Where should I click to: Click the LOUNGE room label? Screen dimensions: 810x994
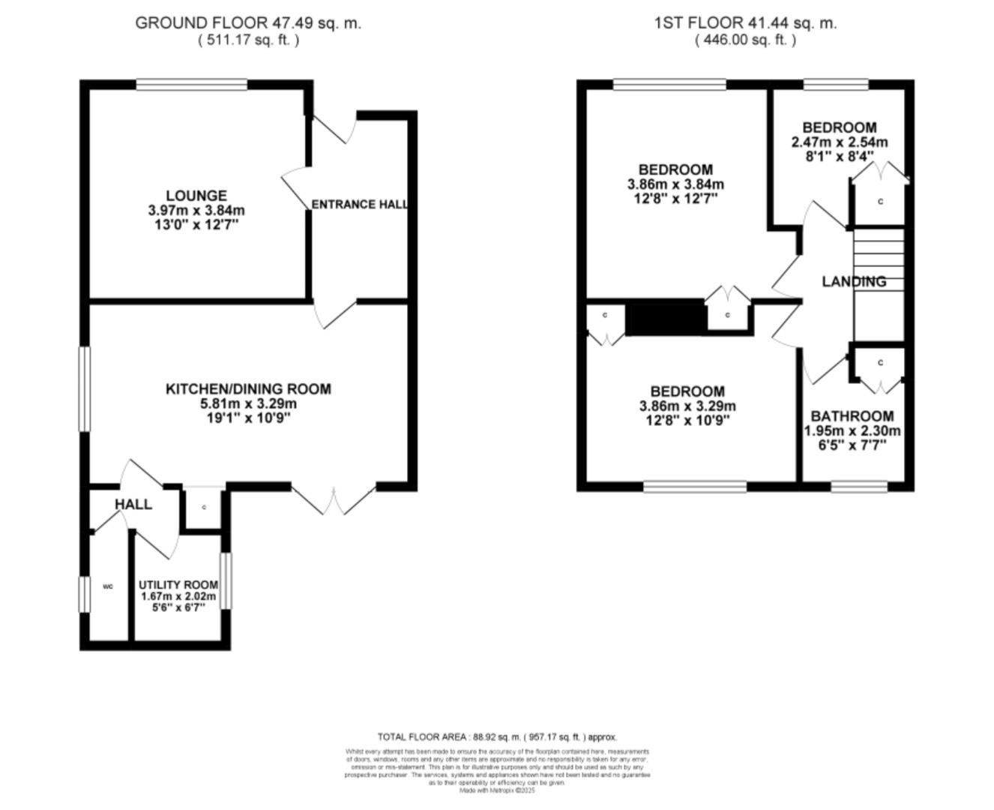click(197, 196)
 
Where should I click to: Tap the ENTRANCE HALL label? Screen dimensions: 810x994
click(360, 204)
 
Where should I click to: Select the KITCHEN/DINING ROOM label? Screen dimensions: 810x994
click(248, 388)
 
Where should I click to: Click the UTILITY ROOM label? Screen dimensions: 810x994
click(178, 584)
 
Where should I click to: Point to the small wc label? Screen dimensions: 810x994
click(107, 586)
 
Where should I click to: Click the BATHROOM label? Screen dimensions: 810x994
click(852, 415)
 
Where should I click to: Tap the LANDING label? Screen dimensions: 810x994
click(854, 281)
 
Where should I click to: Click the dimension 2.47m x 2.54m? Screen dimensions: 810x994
click(840, 142)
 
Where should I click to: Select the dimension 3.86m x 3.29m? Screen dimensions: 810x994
click(687, 406)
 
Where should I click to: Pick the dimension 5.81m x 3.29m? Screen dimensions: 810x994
click(248, 403)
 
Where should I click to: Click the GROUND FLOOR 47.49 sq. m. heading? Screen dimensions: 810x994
click(248, 22)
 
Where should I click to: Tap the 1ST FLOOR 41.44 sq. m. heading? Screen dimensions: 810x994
click(745, 22)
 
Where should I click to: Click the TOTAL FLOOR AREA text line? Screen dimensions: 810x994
click(497, 737)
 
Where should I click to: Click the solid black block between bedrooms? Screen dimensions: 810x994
click(665, 317)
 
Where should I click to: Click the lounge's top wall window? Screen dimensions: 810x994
click(192, 85)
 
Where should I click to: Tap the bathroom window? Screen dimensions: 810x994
click(859, 487)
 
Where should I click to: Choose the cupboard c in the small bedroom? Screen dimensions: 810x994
click(880, 201)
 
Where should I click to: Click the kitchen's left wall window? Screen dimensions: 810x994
click(85, 388)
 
